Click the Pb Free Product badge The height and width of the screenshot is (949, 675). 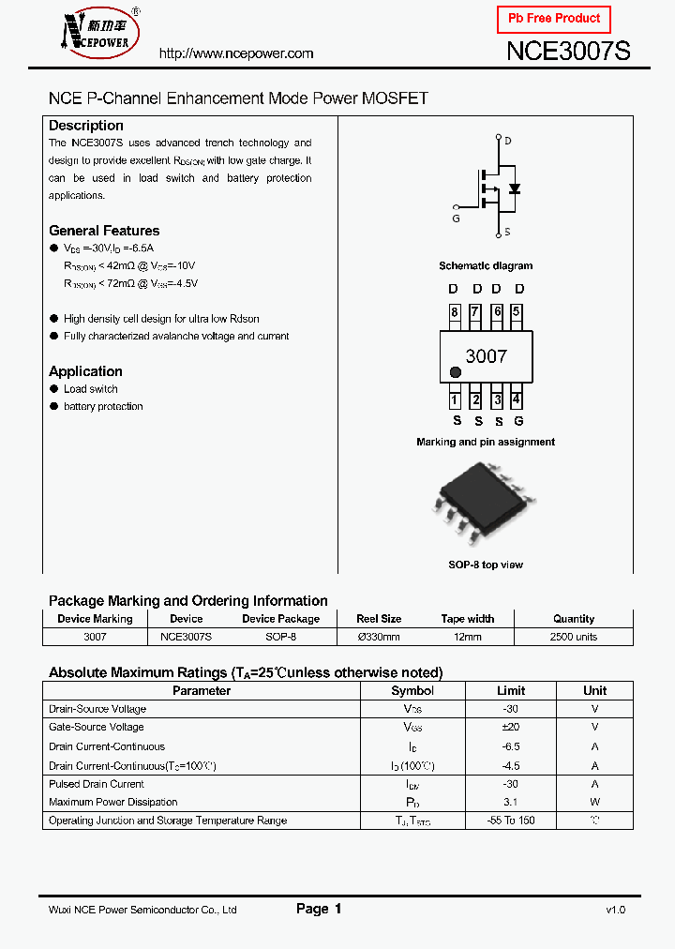(x=553, y=19)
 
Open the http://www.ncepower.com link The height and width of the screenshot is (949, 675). (x=236, y=53)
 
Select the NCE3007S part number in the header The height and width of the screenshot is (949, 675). (x=568, y=52)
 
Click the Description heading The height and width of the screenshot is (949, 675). (x=85, y=126)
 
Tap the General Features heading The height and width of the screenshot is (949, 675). (x=104, y=231)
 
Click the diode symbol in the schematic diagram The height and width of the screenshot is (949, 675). (x=514, y=188)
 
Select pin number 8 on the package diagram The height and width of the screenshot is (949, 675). (x=454, y=313)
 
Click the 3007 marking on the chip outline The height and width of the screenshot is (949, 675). (x=486, y=356)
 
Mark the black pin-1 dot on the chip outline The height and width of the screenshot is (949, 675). (x=456, y=372)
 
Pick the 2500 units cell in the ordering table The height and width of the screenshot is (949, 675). (x=573, y=637)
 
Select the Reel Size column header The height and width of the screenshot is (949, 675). (x=379, y=619)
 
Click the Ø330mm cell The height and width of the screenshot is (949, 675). (x=379, y=637)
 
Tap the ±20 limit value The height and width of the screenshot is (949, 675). (x=510, y=727)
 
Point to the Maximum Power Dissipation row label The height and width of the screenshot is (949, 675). (x=112, y=802)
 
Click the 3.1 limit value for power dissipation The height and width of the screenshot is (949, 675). (x=510, y=802)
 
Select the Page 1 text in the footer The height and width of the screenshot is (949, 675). (x=319, y=909)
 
